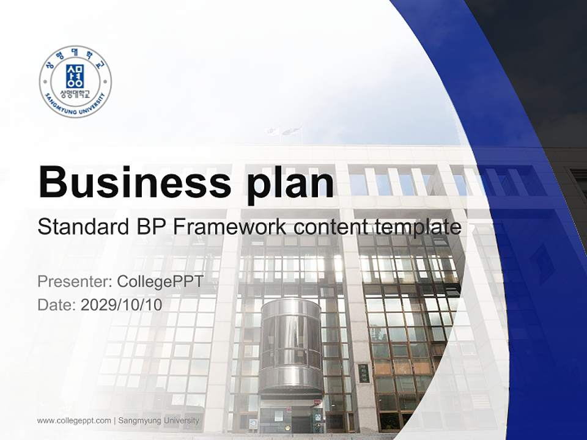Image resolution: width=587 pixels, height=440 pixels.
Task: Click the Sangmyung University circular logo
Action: pyautogui.click(x=75, y=81)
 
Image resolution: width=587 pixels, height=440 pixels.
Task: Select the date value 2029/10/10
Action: pyautogui.click(x=122, y=305)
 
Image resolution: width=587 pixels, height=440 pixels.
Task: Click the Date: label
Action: pyautogui.click(x=57, y=305)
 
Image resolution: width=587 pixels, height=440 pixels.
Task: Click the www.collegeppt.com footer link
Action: pyautogui.click(x=74, y=420)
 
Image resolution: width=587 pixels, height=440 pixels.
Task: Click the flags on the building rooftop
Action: pyautogui.click(x=282, y=131)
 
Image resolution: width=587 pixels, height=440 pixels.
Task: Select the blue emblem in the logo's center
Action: pyautogui.click(x=75, y=76)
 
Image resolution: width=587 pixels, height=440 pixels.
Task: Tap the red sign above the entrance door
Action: pyautogui.click(x=317, y=402)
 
